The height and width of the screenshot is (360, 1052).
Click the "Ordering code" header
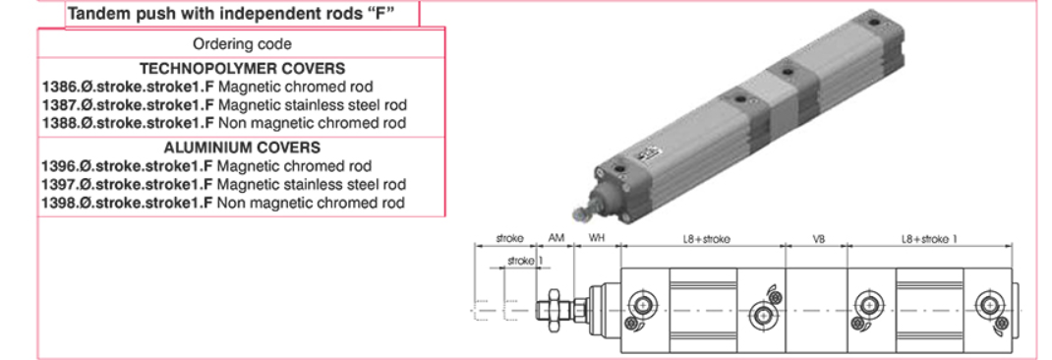click(242, 44)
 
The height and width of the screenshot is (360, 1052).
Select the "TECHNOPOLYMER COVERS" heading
click(242, 69)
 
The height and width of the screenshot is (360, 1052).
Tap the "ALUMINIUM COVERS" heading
click(242, 148)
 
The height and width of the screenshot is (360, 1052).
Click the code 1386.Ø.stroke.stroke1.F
click(128, 87)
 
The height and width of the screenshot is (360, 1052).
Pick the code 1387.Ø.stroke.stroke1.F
click(128, 105)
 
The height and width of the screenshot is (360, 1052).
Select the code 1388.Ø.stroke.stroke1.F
click(128, 123)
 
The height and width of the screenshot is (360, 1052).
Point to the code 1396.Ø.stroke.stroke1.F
click(128, 166)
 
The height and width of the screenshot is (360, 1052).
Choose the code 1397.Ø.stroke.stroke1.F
click(128, 184)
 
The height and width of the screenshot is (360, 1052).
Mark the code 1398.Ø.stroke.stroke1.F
click(128, 203)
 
